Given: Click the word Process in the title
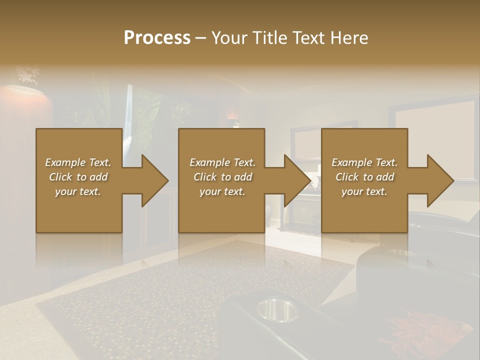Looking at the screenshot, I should click(157, 37).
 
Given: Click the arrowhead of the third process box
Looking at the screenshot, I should click(440, 180).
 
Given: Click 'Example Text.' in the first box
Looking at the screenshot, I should click(78, 162).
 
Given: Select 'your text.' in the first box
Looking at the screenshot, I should click(78, 191).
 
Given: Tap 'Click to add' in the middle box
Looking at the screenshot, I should click(222, 177).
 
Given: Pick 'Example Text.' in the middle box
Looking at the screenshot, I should click(222, 162).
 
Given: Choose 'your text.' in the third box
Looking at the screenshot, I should click(364, 191).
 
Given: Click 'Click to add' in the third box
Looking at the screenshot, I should click(364, 177).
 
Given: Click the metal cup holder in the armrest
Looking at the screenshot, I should click(277, 309).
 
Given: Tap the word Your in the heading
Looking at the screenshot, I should click(230, 37).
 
